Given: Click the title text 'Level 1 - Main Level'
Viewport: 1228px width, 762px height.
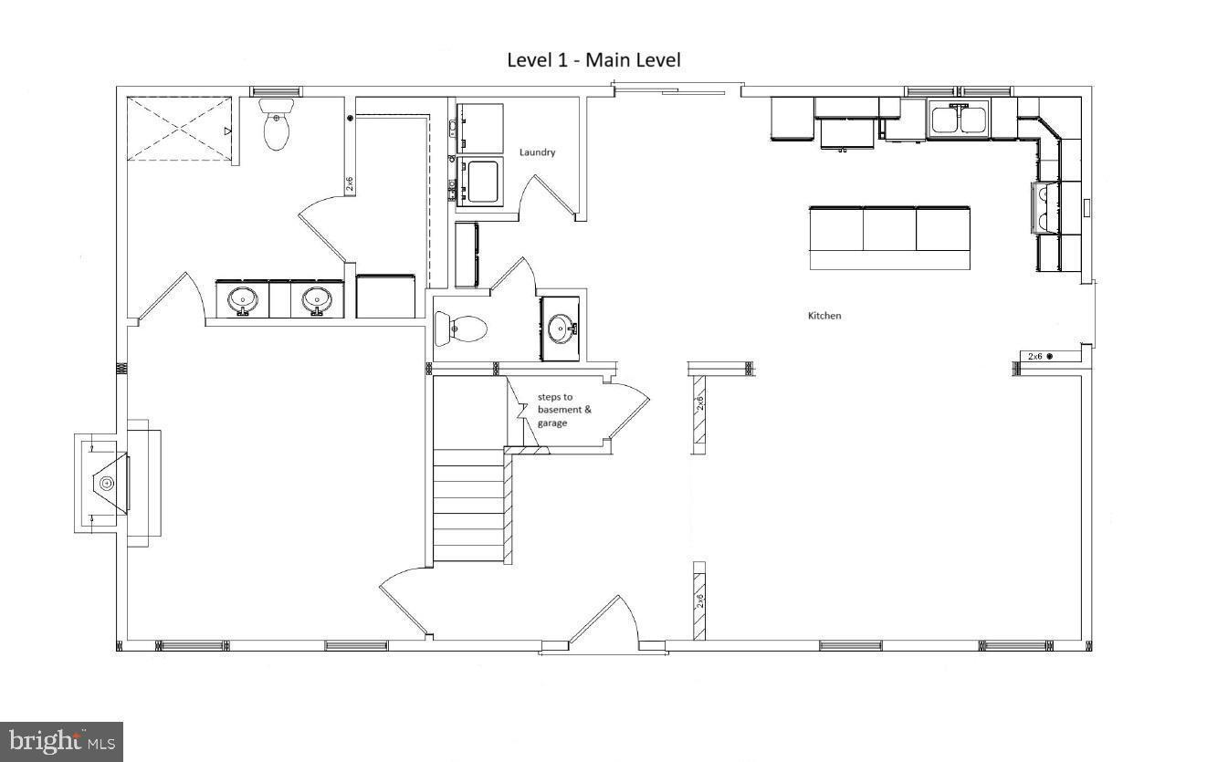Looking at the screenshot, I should coord(593,60).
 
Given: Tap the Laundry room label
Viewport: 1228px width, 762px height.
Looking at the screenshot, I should coord(537,152).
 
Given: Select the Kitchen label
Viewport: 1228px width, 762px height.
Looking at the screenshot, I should coord(824,316).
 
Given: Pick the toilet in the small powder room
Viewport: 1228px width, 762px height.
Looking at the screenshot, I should coord(460,329).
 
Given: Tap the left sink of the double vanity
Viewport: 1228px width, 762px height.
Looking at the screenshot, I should coord(243,299).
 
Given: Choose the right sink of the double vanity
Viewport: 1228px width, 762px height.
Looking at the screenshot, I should coord(317,299).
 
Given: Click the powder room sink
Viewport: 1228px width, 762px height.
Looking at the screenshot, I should coord(560,328).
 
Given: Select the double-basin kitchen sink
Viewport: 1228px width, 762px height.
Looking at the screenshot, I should coord(958,120).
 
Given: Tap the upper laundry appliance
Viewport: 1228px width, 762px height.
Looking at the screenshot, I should coord(479,128).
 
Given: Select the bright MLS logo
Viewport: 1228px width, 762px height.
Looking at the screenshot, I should coord(61,741).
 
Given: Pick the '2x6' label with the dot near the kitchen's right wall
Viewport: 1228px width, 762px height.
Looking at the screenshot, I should coord(1040,356).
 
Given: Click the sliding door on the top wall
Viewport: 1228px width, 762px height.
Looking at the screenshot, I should coord(676,89).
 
